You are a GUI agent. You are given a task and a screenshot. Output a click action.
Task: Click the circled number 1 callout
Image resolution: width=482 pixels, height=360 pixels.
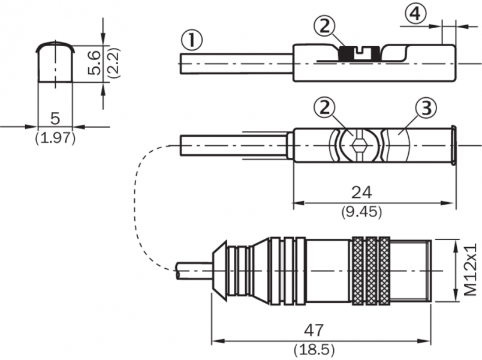pyautogui.click(x=191, y=41)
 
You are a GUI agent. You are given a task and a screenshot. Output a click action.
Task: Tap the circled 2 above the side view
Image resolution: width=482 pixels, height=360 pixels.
pyautogui.click(x=324, y=26)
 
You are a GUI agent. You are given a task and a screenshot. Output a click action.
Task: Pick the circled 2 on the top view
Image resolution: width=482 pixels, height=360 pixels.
pyautogui.click(x=324, y=108)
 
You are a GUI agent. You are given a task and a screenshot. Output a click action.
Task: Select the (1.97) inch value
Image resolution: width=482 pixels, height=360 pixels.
pyautogui.click(x=55, y=137)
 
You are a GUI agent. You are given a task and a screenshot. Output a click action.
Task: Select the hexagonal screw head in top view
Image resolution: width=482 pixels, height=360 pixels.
pyautogui.click(x=359, y=145)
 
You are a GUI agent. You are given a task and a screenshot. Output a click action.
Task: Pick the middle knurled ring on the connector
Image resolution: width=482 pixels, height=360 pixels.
pyautogui.click(x=372, y=270)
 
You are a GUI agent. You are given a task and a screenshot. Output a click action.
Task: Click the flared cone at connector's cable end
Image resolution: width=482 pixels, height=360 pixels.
pyautogui.click(x=220, y=271)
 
